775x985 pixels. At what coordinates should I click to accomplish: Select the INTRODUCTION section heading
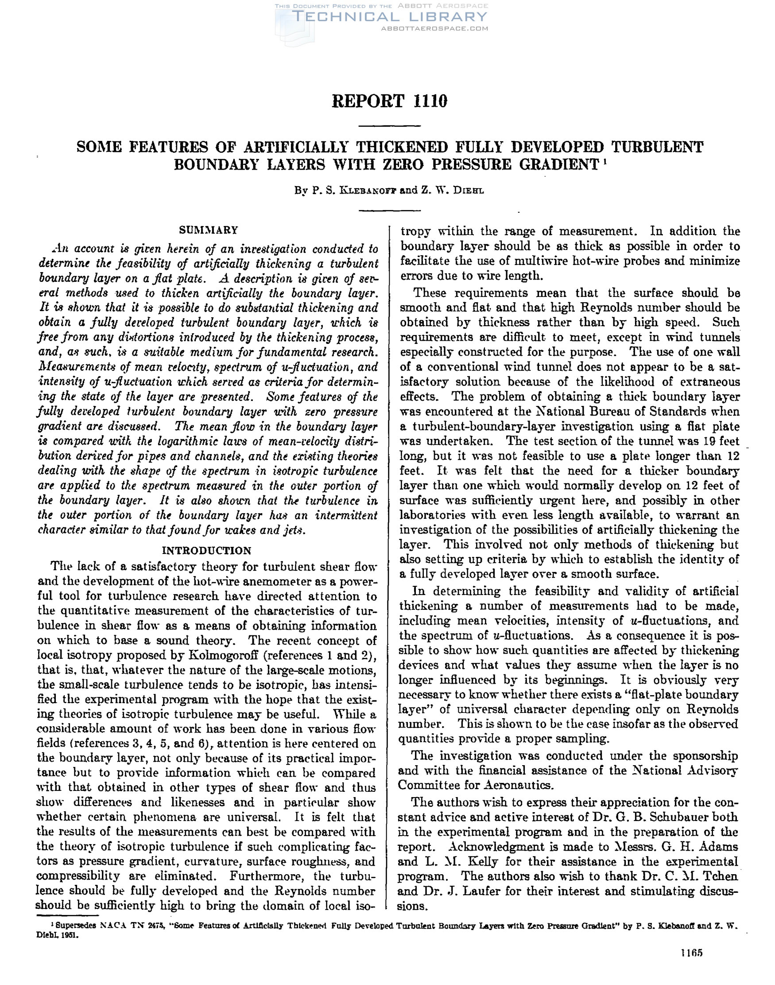tap(206, 551)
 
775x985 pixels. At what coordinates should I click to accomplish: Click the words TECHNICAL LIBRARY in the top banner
tap(391, 17)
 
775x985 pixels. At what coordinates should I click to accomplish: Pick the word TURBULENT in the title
tap(657, 147)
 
